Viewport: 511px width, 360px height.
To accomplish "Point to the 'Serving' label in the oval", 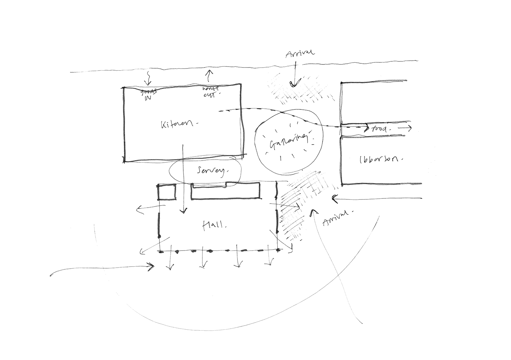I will (211, 171).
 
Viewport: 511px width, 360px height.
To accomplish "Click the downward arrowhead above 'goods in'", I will (147, 84).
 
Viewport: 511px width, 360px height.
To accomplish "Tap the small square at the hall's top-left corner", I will (167, 193).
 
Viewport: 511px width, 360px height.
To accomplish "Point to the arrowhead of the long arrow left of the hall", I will (152, 266).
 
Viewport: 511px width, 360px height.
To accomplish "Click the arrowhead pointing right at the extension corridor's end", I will (411, 129).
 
